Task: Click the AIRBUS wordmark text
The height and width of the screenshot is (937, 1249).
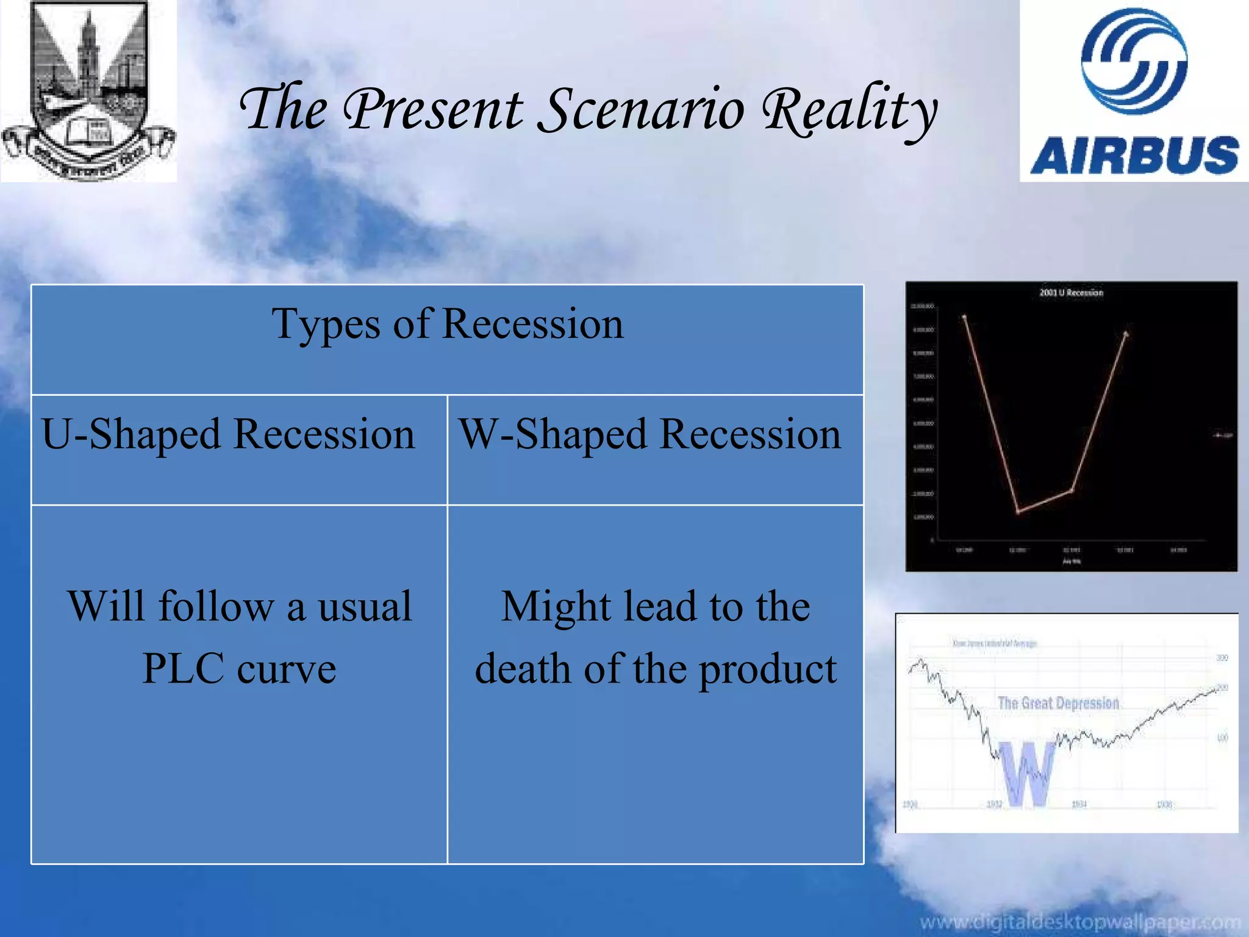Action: coord(1134,155)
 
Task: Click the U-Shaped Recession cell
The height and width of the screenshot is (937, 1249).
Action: coord(228,435)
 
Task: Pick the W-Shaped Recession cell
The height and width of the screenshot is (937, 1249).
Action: coord(650,435)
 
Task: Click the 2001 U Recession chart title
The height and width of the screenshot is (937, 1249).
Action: coord(1071,293)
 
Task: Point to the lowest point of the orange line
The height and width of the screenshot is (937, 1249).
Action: coord(1017,512)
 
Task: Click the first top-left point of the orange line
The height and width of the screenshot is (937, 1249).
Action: coord(964,317)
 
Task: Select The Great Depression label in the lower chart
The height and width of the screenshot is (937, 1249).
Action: coord(1058,703)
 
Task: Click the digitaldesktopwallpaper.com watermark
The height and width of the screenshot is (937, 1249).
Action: coord(1079,922)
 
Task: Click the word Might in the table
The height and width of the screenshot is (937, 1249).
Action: coord(556,607)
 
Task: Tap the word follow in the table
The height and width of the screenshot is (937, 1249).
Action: coord(216,607)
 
